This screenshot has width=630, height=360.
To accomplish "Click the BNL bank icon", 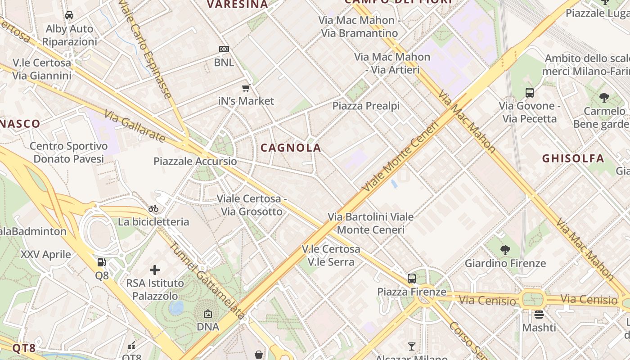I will point(224,49).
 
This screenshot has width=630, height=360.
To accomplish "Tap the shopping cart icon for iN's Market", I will point(246,88).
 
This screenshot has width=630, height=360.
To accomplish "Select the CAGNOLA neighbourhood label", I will point(291,148).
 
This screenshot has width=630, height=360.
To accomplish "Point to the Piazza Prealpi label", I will point(366,106).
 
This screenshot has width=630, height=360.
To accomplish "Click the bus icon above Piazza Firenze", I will point(411,278).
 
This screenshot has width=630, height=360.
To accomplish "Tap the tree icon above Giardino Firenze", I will point(505,250).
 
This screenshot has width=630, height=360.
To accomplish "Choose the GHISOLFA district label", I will point(573,158).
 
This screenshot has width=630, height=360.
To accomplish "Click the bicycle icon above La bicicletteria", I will point(153,208).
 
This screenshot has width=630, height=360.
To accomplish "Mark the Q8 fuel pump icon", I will point(102,262).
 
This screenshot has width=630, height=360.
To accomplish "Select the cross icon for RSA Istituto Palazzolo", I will point(155,270).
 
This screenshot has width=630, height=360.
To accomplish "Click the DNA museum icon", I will point(208,314).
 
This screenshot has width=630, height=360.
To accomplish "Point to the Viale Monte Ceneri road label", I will point(400,156).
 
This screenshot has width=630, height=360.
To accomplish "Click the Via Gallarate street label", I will point(135,126).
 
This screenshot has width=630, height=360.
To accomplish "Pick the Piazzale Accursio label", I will point(195,161).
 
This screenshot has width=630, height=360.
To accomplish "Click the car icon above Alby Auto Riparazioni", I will point(69,15).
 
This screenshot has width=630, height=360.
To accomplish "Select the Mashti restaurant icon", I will point(539,314).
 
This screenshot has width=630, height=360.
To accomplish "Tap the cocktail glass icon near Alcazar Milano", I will point(411,346).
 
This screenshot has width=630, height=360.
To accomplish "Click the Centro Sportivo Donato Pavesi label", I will point(68,153).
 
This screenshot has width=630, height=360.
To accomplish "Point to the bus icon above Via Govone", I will point(530,93).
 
